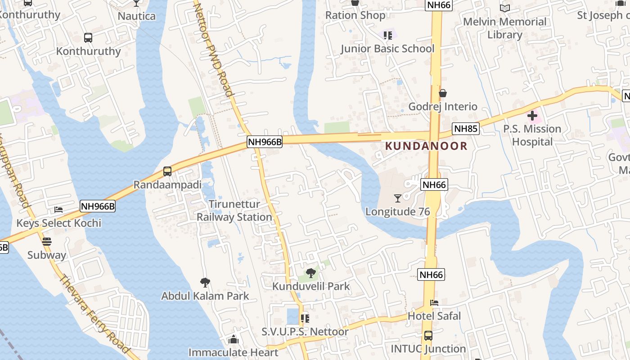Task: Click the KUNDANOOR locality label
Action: (x=426, y=146)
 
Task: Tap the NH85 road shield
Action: (x=465, y=129)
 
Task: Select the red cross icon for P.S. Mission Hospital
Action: (x=532, y=116)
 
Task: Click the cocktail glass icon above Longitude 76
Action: (x=397, y=198)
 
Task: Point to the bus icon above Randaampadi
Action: (x=167, y=171)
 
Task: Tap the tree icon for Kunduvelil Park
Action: (x=310, y=273)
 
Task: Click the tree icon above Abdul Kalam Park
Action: (x=205, y=283)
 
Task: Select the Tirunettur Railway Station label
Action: (x=234, y=211)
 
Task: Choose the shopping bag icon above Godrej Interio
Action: (x=443, y=93)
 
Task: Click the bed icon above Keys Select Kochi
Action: (x=58, y=210)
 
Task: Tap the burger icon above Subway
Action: (x=46, y=242)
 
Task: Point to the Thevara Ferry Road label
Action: (x=94, y=313)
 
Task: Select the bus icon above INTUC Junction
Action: (x=428, y=336)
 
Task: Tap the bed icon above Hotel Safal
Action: (x=434, y=303)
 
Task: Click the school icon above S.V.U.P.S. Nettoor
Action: (x=305, y=319)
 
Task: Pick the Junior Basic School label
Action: (x=387, y=49)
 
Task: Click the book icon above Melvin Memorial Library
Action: (x=505, y=9)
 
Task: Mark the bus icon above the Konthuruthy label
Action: (x=88, y=38)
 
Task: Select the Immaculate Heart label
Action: (x=233, y=352)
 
